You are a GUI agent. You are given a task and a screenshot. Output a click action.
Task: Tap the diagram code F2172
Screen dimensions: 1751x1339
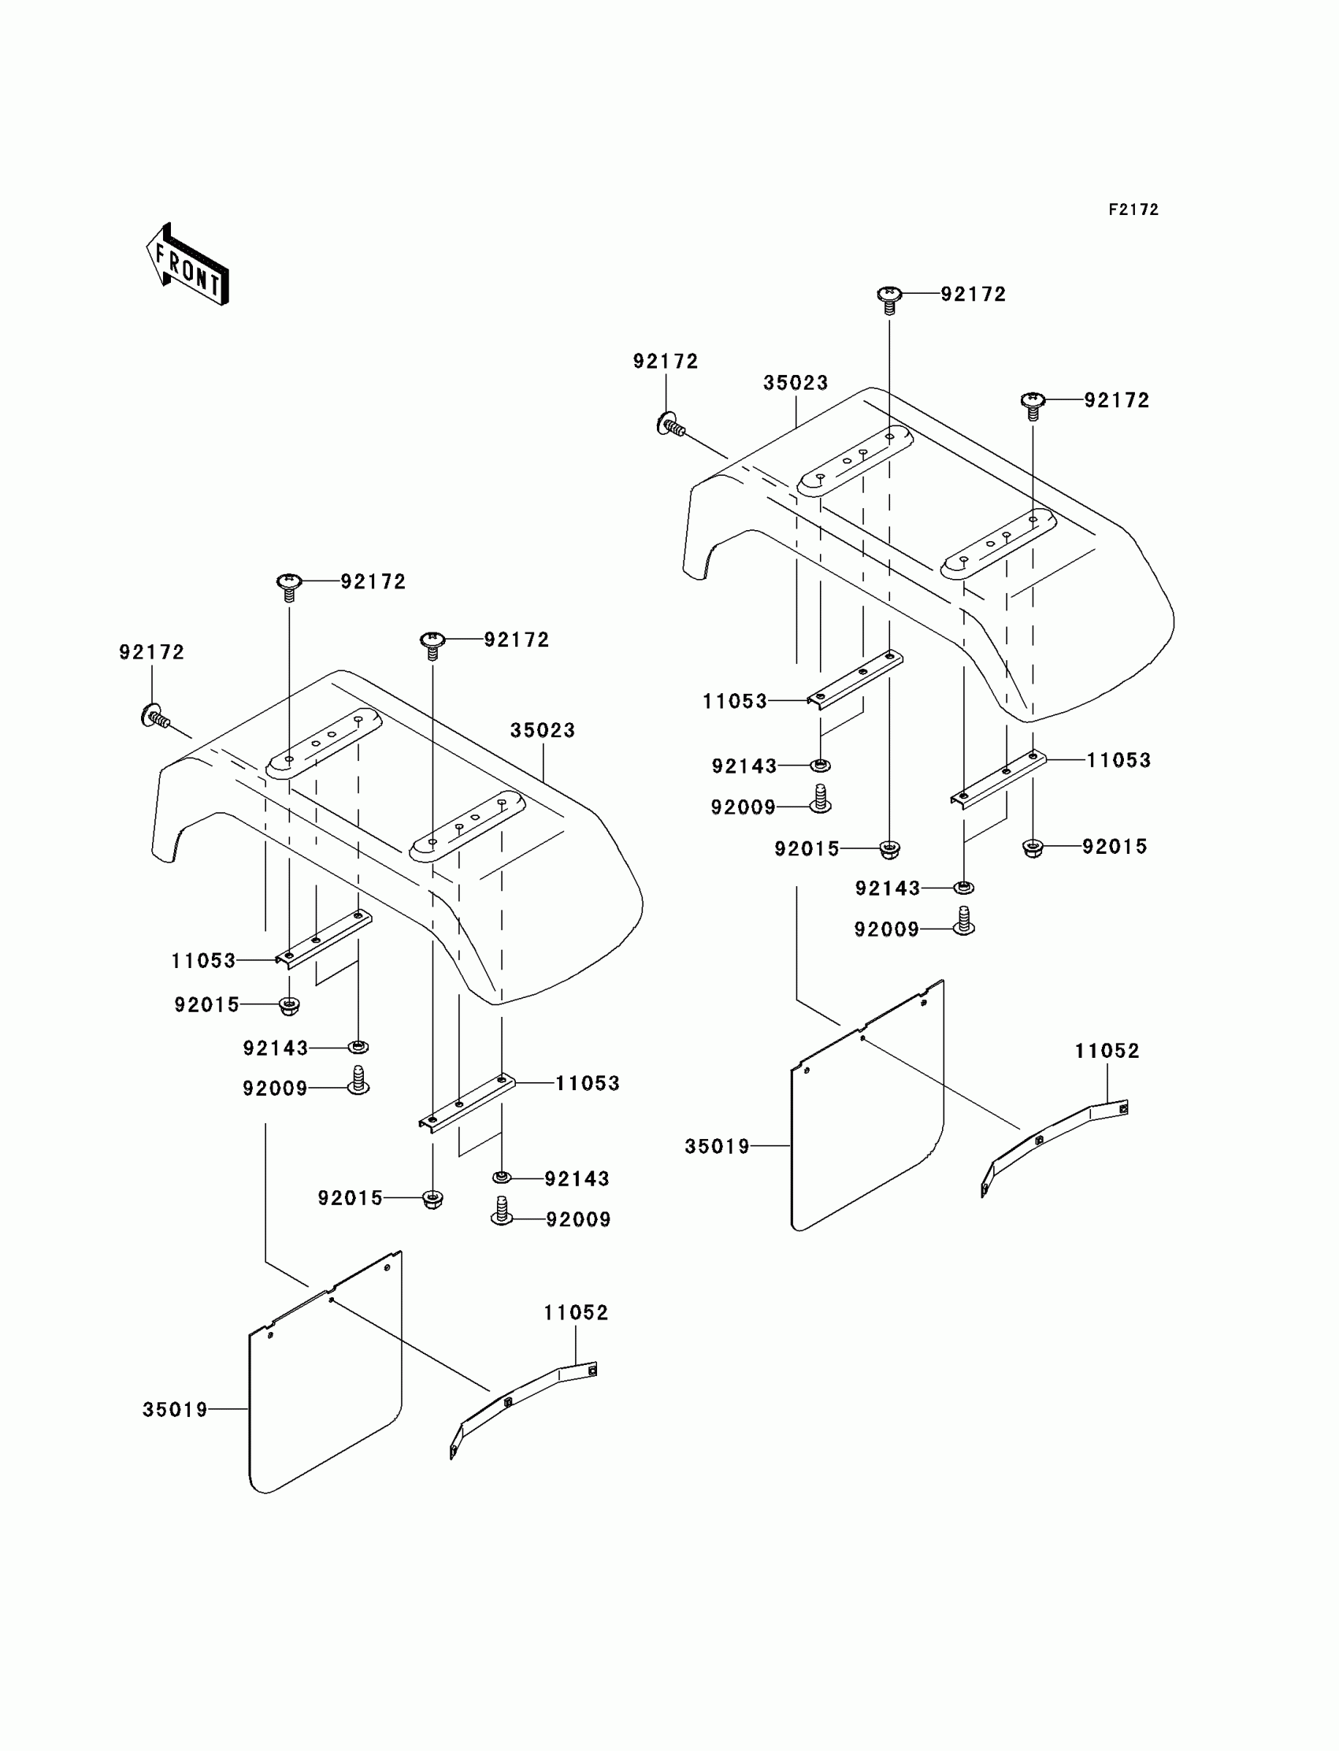(x=1133, y=210)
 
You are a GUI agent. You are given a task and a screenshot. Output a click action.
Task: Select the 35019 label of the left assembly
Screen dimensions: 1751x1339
(x=176, y=1410)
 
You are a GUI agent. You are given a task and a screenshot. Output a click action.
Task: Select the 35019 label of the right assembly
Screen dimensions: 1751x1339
(x=718, y=1147)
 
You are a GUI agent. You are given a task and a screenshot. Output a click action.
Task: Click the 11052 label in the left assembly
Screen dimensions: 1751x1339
(x=577, y=1312)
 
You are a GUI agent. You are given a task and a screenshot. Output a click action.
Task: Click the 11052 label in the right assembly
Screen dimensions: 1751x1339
(x=1107, y=1052)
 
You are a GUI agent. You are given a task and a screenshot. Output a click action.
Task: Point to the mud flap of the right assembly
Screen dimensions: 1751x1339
(x=867, y=1116)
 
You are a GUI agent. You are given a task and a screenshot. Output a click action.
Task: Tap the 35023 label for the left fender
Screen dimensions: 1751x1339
(x=543, y=730)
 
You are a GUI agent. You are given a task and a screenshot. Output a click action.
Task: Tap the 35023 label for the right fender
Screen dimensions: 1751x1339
(x=796, y=384)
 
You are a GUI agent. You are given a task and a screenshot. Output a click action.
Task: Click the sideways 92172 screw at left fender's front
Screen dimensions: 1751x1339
(x=154, y=718)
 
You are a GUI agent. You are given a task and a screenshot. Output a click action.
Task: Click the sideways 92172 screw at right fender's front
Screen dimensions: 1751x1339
(x=670, y=425)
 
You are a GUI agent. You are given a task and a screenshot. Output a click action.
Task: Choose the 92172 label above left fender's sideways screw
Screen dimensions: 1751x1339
(x=151, y=653)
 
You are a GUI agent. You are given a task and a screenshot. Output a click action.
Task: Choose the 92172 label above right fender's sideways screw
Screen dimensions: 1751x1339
(x=666, y=362)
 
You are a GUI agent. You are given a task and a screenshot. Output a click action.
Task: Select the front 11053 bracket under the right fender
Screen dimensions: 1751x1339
(x=855, y=679)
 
